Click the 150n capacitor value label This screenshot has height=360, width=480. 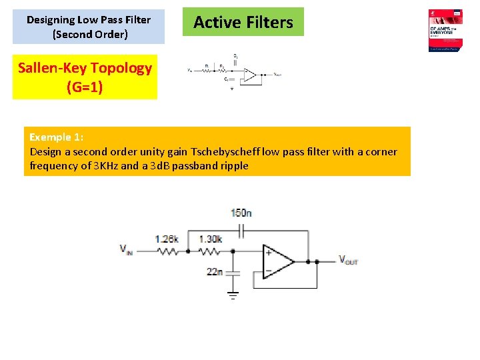pos(241,213)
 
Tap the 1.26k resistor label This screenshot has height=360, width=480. pos(167,239)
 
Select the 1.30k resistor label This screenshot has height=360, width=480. pos(211,239)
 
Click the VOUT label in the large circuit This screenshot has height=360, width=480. pos(348,260)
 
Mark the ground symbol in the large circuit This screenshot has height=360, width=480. pos(233,294)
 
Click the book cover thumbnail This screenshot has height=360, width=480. pos(446,30)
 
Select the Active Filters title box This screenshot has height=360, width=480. pos(243,22)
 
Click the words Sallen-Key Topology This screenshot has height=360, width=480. pos(85,68)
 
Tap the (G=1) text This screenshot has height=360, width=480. pos(85,87)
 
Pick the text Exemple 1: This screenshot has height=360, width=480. pos(56,137)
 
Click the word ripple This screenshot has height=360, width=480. pos(233,165)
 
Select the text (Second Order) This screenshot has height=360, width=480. pos(89,34)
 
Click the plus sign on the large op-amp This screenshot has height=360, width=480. pos(268,252)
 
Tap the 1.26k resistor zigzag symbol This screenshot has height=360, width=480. pos(169,251)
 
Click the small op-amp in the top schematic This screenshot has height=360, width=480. pos(250,74)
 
